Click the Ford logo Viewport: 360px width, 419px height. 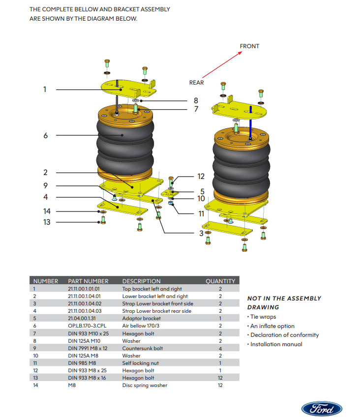322,408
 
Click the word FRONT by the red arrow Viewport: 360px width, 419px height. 249,46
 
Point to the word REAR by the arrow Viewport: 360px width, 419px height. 196,83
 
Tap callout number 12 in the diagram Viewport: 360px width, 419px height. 201,177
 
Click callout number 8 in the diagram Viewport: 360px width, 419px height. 196,100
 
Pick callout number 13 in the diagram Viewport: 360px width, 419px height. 46,222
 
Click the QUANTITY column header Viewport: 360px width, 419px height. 220,281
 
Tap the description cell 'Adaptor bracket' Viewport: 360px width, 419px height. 141,319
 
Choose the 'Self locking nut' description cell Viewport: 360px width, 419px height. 140,363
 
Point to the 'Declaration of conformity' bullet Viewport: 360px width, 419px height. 284,335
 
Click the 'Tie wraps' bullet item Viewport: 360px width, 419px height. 263,317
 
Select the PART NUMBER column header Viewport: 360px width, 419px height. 88,281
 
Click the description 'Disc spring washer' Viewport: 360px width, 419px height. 144,385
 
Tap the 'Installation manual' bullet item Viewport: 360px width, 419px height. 276,344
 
